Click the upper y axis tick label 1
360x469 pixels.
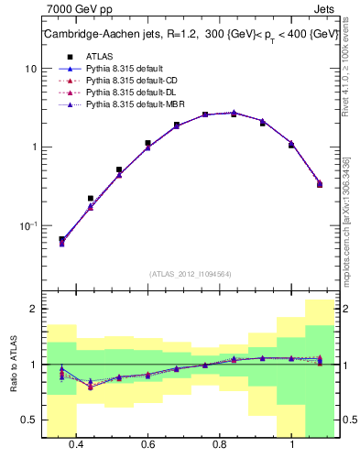(x=34, y=147)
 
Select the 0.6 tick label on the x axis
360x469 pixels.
(x=147, y=443)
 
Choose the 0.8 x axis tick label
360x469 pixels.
(x=220, y=443)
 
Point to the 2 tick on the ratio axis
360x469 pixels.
(x=34, y=309)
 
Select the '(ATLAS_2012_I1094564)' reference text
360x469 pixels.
(x=191, y=273)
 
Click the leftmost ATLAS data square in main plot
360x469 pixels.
(x=61, y=239)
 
